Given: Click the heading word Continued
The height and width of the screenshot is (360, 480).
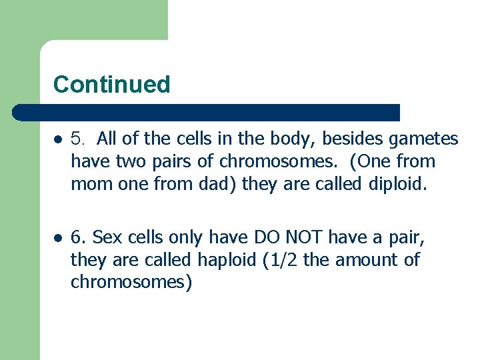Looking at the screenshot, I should point(111,85).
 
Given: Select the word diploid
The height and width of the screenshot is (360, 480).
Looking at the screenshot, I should point(397,183).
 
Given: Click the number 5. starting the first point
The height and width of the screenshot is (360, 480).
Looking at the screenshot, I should point(79,139).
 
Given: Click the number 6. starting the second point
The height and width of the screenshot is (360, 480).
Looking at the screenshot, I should point(79,237).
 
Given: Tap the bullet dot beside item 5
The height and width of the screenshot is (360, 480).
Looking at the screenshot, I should point(59,139).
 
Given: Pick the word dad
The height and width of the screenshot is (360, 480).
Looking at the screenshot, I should point(217,183).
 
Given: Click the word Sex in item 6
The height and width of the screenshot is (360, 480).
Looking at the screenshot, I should point(106,237).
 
